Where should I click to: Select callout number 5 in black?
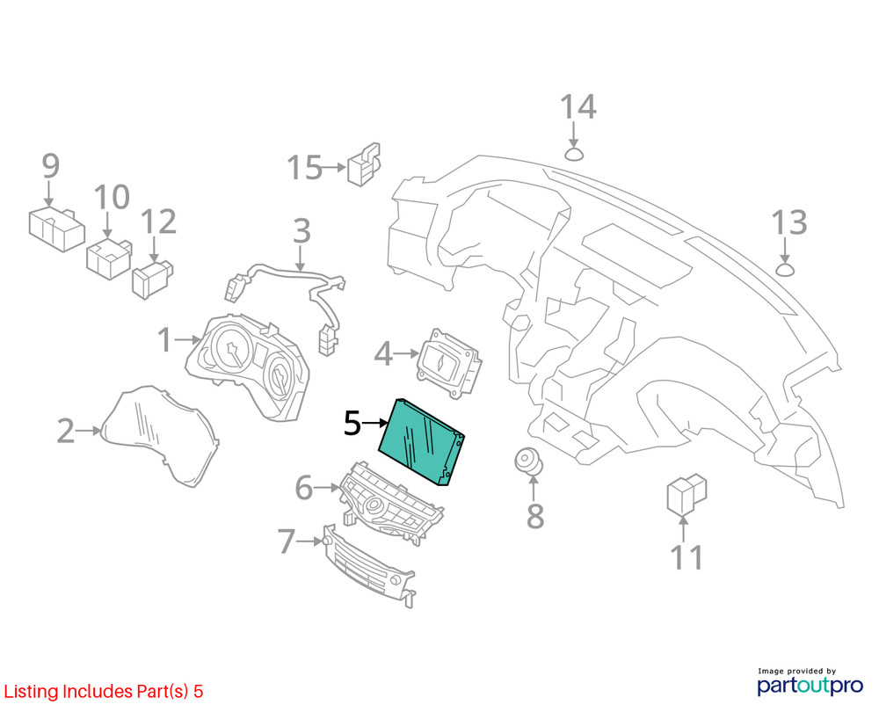click(352, 424)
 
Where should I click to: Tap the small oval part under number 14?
click(573, 154)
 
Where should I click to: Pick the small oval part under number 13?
click(785, 270)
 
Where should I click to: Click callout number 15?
click(304, 167)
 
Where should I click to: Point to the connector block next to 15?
click(365, 164)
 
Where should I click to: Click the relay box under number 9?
click(56, 229)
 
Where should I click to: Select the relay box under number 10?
click(109, 258)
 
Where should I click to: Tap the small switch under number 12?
click(152, 279)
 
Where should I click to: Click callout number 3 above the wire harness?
click(301, 231)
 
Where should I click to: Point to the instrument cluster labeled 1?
click(247, 367)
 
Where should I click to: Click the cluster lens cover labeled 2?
click(160, 435)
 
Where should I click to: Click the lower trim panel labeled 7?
click(369, 565)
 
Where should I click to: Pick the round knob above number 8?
click(528, 461)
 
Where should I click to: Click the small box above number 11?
click(686, 494)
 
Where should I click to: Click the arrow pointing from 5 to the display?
click(375, 424)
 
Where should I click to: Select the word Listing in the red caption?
click(31, 692)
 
